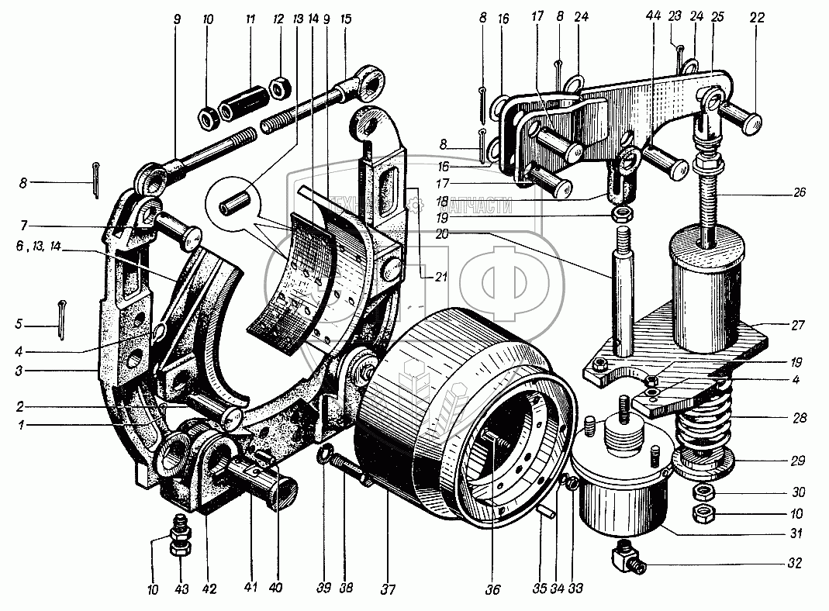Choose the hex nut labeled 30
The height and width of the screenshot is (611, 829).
(x=703, y=492)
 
